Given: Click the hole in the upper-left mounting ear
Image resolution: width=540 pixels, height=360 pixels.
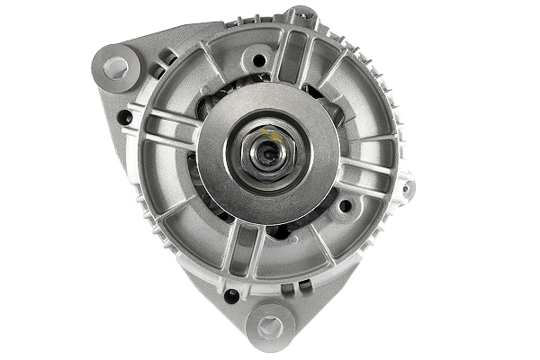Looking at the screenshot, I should click(115, 66).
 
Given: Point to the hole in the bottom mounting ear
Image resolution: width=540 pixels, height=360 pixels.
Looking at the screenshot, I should click(270, 326).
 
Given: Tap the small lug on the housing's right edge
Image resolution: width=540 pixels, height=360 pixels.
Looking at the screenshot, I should click(409, 188).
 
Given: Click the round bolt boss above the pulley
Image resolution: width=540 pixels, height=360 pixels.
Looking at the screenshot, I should click(259, 60).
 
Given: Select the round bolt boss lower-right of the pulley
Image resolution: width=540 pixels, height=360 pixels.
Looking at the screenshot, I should click(345, 206).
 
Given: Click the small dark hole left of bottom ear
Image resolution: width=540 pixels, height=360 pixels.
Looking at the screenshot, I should click(232, 294).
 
